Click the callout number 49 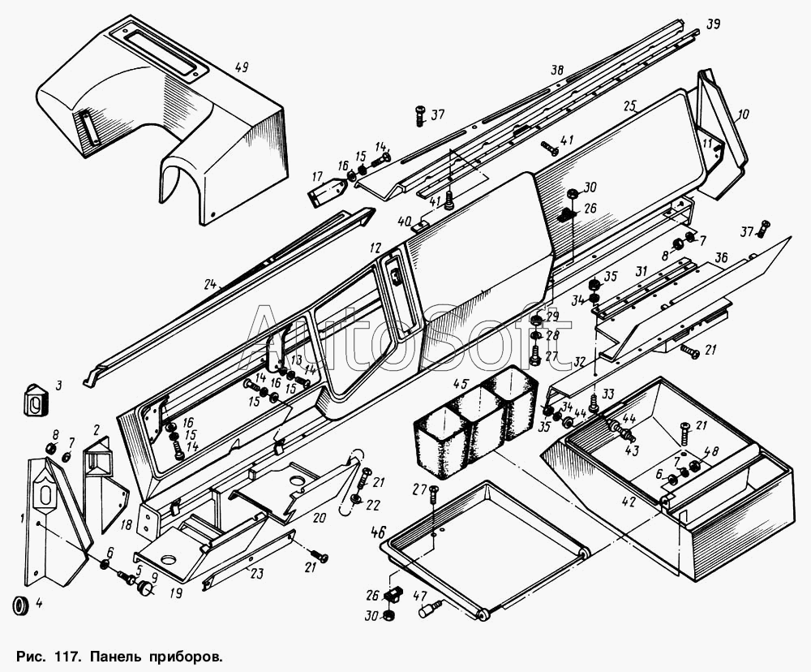[241, 67]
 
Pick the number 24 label [211, 286]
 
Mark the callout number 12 [374, 247]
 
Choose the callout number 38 [557, 71]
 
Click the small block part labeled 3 [36, 399]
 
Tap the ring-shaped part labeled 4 [23, 605]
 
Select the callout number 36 [723, 257]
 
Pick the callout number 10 [744, 114]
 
